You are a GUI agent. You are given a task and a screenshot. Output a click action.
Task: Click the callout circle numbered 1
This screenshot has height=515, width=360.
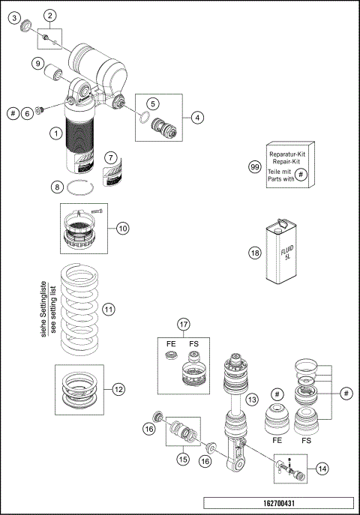pos(55,134)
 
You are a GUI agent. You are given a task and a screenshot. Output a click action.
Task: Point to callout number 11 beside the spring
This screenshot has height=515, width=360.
pos(108,309)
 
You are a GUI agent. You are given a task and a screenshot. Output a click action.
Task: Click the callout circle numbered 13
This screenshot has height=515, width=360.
pos(251,398)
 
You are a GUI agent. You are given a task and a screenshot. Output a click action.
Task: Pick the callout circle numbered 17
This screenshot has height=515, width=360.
pos(183,325)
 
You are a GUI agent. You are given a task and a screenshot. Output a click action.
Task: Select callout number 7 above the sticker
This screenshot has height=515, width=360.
pos(110,158)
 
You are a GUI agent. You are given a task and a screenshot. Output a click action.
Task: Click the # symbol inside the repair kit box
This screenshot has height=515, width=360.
pos(299,174)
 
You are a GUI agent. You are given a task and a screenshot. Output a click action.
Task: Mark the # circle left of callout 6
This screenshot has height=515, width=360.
pos(13,112)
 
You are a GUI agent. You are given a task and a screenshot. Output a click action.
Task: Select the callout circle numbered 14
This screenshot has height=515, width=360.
pos(322,468)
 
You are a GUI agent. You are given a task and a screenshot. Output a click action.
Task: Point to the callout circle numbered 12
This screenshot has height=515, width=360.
pos(118,389)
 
